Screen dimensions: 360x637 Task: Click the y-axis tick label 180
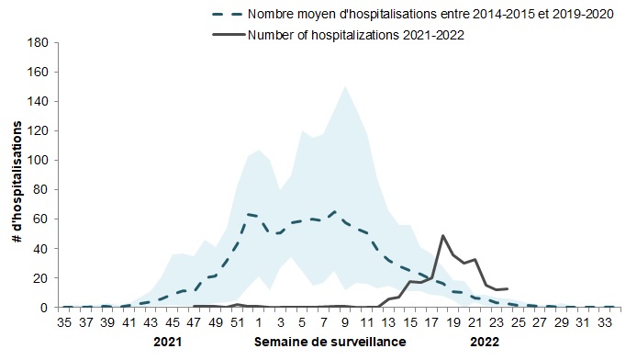pos(39,42)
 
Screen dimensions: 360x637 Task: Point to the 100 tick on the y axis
pos(39,160)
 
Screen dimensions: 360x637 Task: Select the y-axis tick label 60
pos(41,219)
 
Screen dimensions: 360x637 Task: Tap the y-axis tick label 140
pos(39,101)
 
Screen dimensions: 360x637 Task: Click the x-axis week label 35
pos(64,322)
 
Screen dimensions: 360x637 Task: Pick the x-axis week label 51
pos(237,322)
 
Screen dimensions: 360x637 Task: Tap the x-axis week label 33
pos(604,322)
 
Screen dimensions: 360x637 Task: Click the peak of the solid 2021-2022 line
pos(442,235)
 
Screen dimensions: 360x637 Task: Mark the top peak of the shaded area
pos(344,86)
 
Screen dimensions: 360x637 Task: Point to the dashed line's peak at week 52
pos(248,214)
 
